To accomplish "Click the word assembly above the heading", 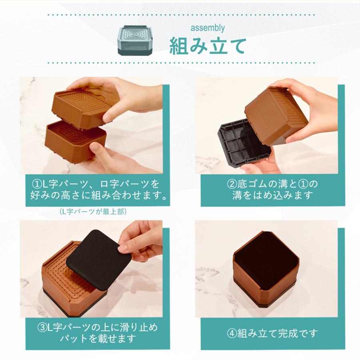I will click(208, 28).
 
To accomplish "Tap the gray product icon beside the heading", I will click(136, 41).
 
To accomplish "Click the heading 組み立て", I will click(208, 46).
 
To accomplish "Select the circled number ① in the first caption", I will click(36, 184).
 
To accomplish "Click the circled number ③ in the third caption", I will click(42, 327).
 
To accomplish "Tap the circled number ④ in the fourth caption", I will click(232, 333).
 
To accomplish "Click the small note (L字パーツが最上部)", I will click(95, 211).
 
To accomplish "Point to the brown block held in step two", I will click(276, 114).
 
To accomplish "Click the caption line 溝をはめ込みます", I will click(272, 196).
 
